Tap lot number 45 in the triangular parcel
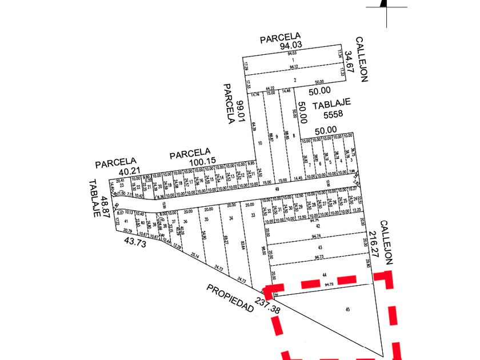pyautogui.click(x=348, y=309)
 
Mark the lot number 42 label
pyautogui.click(x=318, y=226)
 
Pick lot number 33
pyautogui.click(x=252, y=216)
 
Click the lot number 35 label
pyautogui.click(x=206, y=218)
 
